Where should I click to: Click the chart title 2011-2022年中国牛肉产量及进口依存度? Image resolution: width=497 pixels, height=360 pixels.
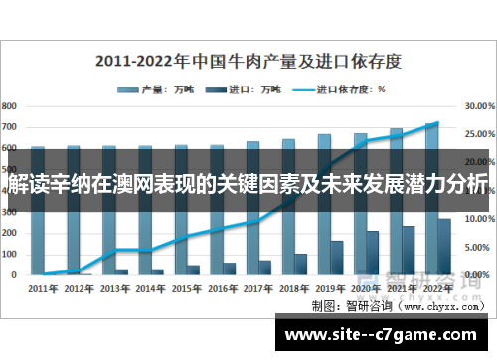point(248,60)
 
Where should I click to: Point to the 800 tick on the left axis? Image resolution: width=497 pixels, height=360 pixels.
point(9,104)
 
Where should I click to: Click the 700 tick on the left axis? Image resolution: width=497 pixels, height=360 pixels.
point(9,127)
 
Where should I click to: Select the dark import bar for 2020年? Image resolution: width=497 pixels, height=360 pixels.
point(372,254)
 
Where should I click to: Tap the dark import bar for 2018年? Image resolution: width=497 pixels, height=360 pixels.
point(300,264)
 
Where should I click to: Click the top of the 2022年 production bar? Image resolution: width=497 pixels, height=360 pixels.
point(431,125)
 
